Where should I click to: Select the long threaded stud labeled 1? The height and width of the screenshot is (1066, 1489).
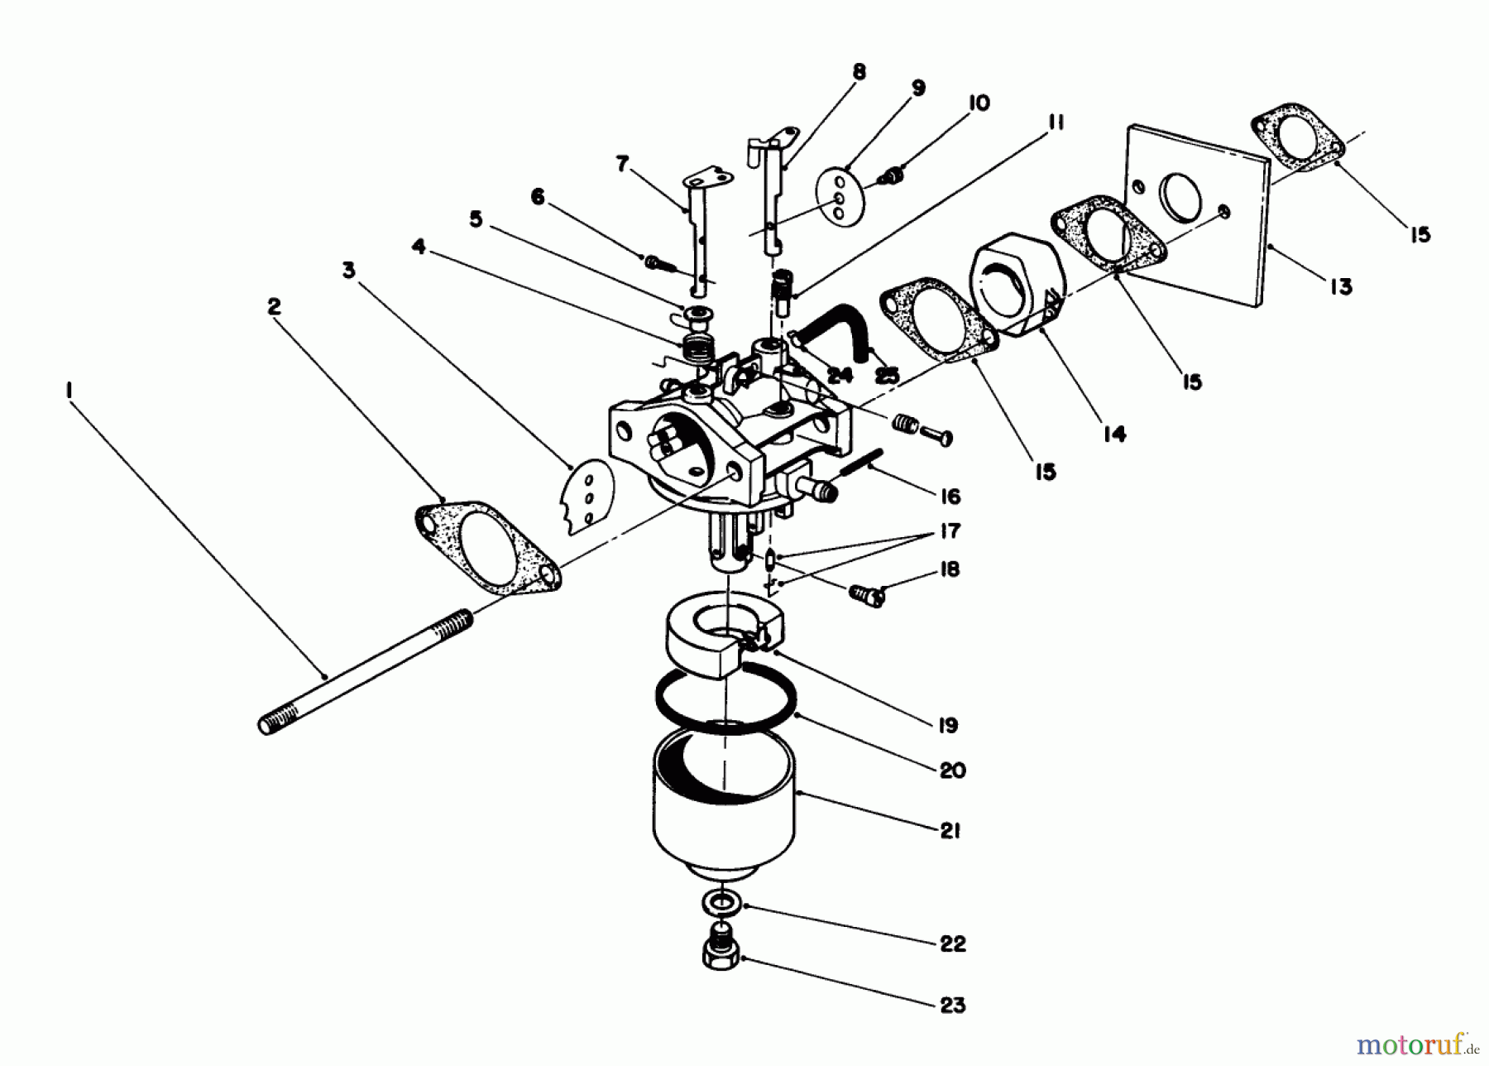[x=364, y=671]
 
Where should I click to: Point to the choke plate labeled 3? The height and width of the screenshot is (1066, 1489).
[x=582, y=497]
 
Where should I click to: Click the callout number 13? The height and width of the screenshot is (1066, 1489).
[x=1341, y=286]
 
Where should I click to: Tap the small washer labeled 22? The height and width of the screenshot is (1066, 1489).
[x=722, y=901]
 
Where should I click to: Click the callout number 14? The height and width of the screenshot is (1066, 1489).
[x=1114, y=434]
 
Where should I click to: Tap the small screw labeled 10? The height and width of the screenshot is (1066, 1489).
[x=893, y=175]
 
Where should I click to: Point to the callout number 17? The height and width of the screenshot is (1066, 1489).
[x=949, y=531]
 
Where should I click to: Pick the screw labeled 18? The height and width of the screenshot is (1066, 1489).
[x=866, y=593]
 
